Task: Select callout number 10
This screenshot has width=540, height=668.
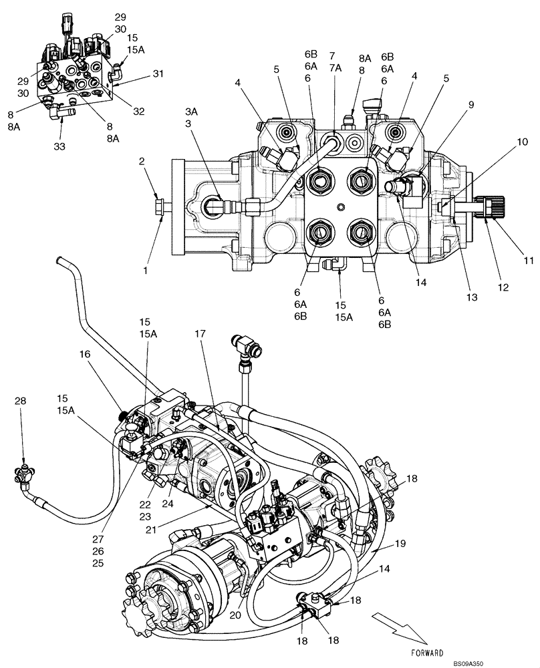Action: pos(523,142)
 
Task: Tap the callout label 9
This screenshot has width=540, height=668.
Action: pos(470,104)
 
